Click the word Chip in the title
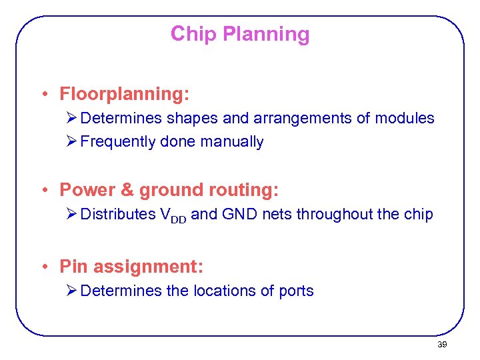coord(193,34)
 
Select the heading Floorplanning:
coord(125,95)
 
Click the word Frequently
coord(118,142)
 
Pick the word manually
coord(231,142)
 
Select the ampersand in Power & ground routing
coord(127,190)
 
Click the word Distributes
coord(117,214)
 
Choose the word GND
coord(238,214)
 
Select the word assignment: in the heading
coord(148,267)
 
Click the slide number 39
coord(441,345)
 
